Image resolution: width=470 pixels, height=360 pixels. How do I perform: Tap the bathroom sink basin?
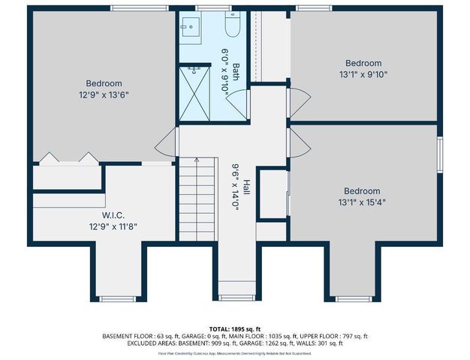click(x=188, y=28)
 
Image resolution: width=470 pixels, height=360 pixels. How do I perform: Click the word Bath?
click(x=236, y=71)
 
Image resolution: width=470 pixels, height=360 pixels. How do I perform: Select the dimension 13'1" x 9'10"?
click(x=363, y=74)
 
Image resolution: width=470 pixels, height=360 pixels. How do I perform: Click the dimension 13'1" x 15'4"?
click(x=363, y=202)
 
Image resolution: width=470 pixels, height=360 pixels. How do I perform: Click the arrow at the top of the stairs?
click(x=196, y=160)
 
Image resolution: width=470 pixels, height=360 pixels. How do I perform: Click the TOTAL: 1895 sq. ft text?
click(x=234, y=329)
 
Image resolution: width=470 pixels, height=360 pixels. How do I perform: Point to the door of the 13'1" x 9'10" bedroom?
click(x=297, y=101)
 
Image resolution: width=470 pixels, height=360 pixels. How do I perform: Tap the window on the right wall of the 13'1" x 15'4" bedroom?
click(x=441, y=155)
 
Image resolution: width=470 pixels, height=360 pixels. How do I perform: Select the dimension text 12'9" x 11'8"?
click(x=113, y=225)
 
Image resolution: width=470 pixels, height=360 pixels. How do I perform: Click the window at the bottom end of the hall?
click(x=237, y=298)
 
